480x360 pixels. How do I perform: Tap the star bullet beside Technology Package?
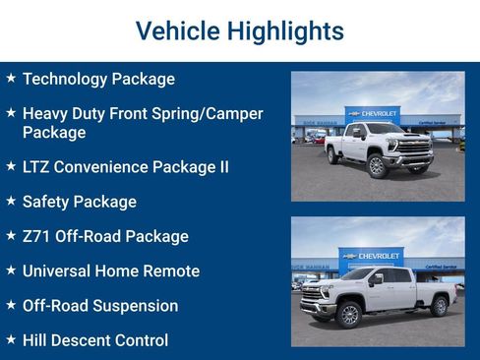(11, 78)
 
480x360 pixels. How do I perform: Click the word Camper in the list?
(230, 114)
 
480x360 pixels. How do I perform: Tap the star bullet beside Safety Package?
(11, 201)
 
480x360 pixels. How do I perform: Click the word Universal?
(59, 270)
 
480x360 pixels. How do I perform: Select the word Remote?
(173, 270)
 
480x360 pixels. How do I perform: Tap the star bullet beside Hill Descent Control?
(11, 339)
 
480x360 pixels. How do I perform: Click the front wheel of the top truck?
(376, 165)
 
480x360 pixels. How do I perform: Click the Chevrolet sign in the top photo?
(373, 114)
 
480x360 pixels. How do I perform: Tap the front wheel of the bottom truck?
(348, 314)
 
